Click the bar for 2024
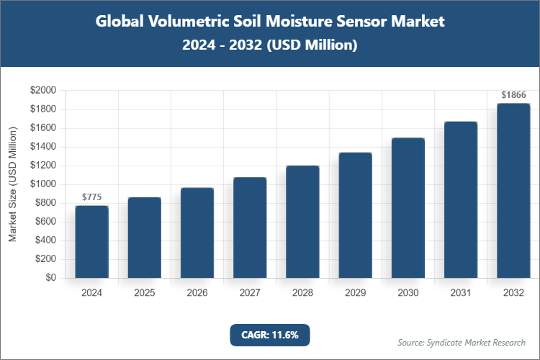pyautogui.click(x=92, y=242)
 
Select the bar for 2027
pyautogui.click(x=250, y=228)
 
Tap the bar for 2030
pyautogui.click(x=408, y=208)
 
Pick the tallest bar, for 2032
pyautogui.click(x=513, y=191)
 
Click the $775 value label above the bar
pyautogui.click(x=92, y=197)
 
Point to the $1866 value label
pyautogui.click(x=513, y=95)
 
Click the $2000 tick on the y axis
pyautogui.click(x=42, y=91)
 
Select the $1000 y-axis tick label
pyautogui.click(x=42, y=184)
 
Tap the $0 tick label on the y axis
pyautogui.click(x=50, y=278)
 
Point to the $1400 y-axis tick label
pyautogui.click(x=42, y=147)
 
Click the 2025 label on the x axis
pyautogui.click(x=145, y=293)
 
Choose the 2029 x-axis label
pyautogui.click(x=355, y=293)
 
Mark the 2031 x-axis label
pyautogui.click(x=461, y=293)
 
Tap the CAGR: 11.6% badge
pyautogui.click(x=270, y=335)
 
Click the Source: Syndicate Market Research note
pyautogui.click(x=461, y=342)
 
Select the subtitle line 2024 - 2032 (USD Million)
pyautogui.click(x=270, y=45)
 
